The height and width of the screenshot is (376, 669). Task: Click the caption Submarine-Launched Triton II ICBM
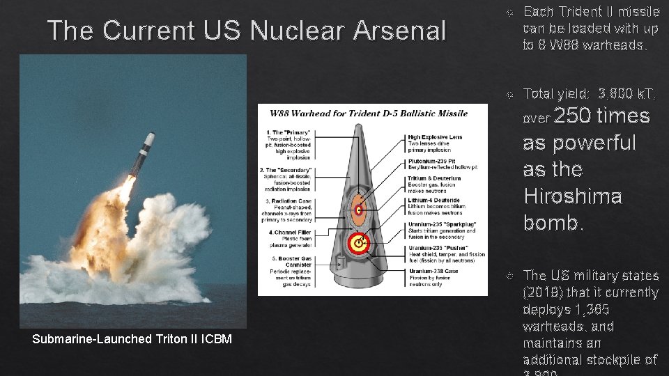[x=132, y=339]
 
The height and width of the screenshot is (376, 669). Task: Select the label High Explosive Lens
[x=435, y=137]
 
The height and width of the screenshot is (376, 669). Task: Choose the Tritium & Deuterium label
[x=435, y=178]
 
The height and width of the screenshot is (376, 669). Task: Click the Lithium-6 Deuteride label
[x=433, y=199]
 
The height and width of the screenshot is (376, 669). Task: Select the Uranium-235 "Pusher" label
[x=438, y=248]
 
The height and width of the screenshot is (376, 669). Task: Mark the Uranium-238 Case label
[x=433, y=271]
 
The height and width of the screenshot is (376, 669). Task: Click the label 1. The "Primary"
[x=286, y=132]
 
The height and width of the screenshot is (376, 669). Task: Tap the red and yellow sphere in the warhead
[x=358, y=244]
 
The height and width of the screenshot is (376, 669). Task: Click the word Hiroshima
[x=572, y=196]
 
